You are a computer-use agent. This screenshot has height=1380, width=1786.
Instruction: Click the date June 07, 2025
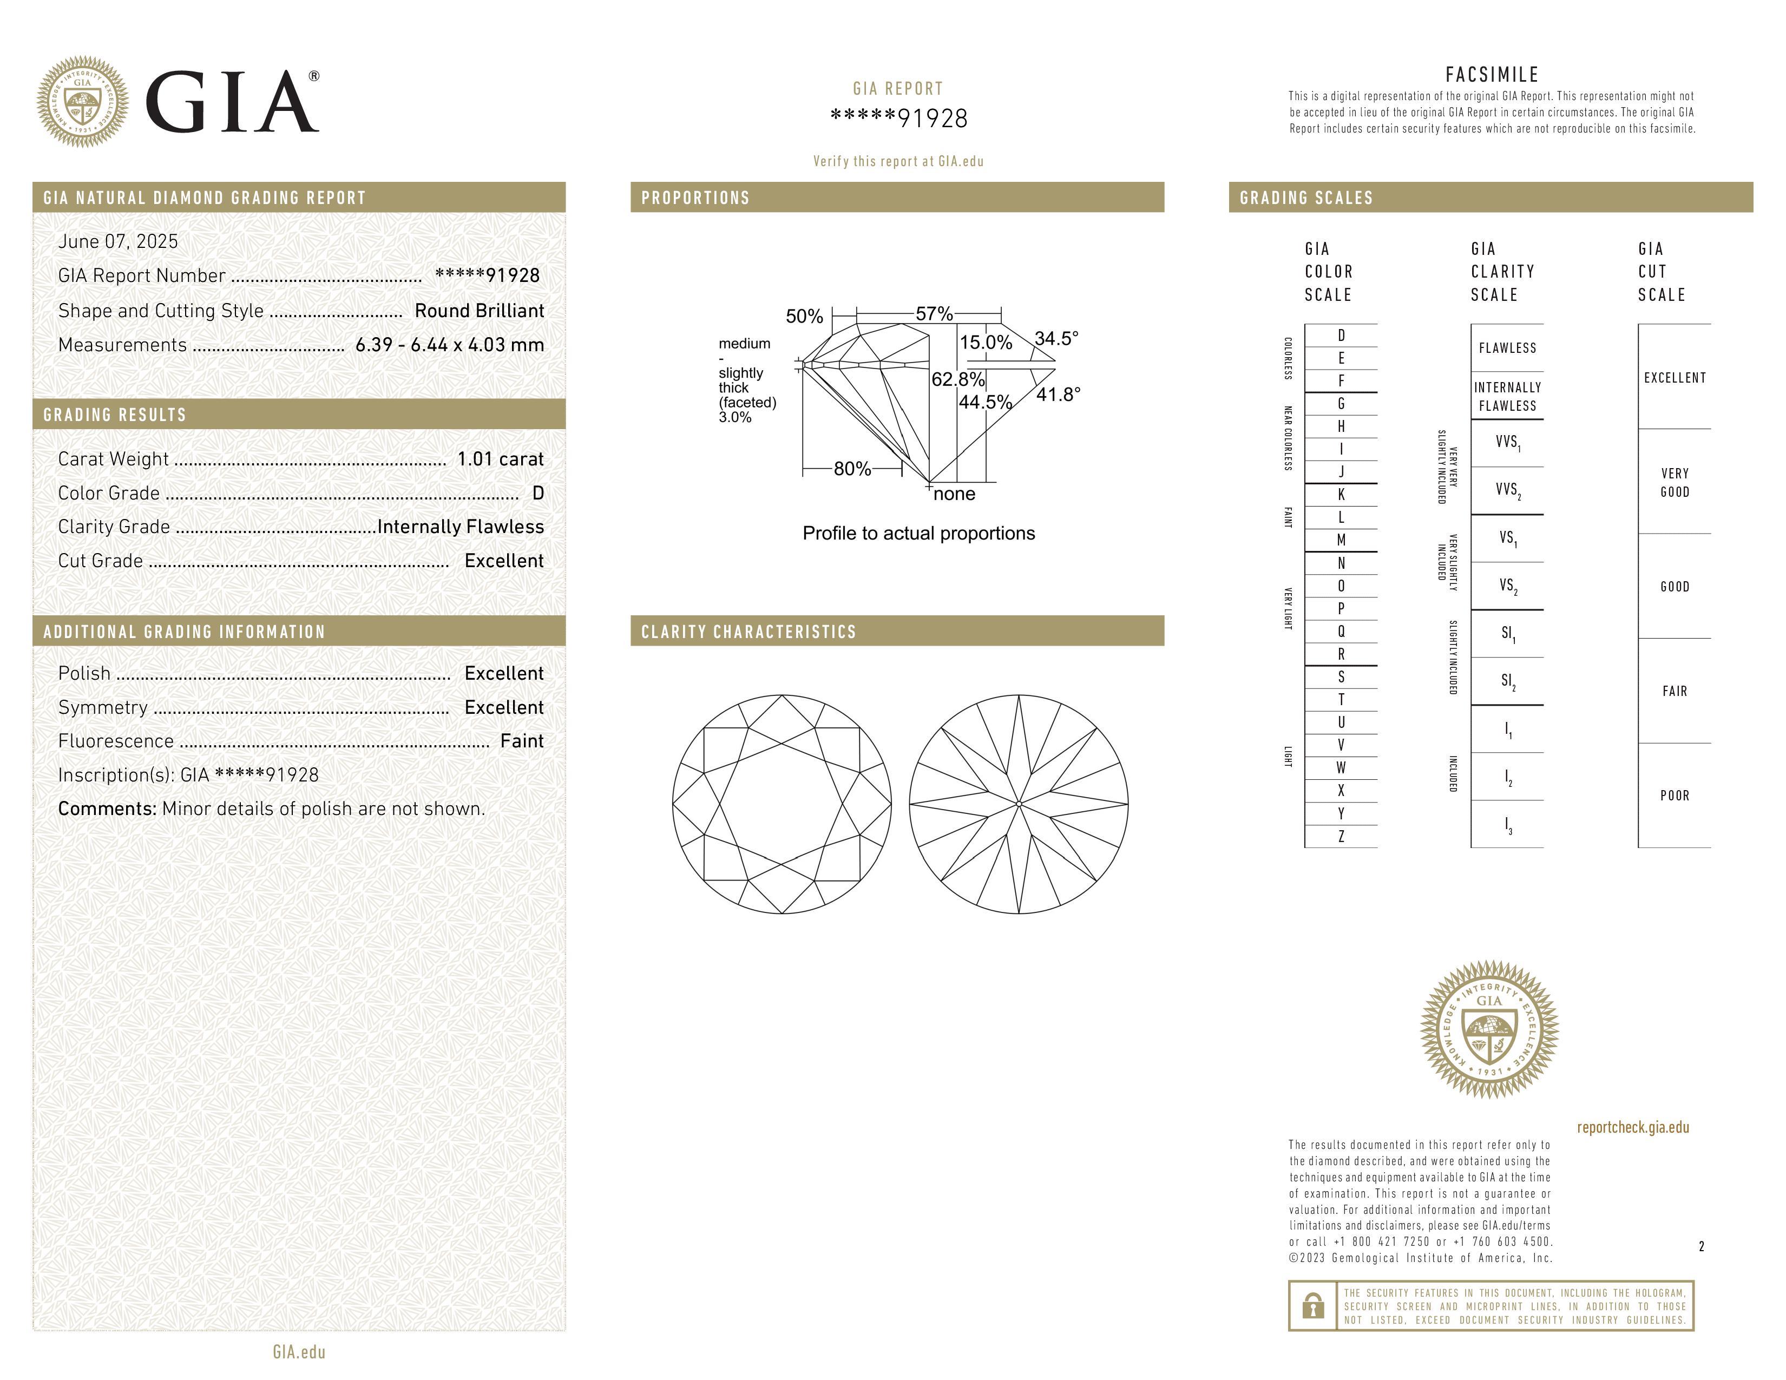click(x=118, y=241)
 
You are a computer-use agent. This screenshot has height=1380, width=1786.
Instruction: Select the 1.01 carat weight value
click(x=500, y=458)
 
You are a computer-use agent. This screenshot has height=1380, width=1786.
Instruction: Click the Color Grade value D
click(x=537, y=493)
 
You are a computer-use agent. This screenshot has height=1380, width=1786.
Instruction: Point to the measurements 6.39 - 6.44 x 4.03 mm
click(x=449, y=345)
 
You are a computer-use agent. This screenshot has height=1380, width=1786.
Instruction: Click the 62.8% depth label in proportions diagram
click(x=957, y=379)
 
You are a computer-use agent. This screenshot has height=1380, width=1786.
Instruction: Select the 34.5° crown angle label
click(x=1056, y=338)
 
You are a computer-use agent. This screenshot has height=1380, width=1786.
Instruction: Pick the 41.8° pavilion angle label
click(x=1058, y=395)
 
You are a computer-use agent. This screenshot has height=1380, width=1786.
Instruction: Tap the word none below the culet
click(x=954, y=494)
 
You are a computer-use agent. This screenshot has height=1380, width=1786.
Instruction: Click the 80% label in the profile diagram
click(x=851, y=469)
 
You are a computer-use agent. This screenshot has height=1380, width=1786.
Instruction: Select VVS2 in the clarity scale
click(x=1507, y=490)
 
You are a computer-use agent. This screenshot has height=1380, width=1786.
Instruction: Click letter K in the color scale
click(x=1341, y=495)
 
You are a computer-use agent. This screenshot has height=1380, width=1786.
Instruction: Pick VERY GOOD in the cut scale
click(x=1674, y=482)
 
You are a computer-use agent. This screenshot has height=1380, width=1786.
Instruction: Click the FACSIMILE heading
click(x=1492, y=74)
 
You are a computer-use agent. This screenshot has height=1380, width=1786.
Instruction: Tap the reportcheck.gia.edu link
click(x=1632, y=1127)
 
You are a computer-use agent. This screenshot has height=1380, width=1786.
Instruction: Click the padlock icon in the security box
click(x=1312, y=1306)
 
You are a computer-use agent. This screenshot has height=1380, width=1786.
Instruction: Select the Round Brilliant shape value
click(x=478, y=311)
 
